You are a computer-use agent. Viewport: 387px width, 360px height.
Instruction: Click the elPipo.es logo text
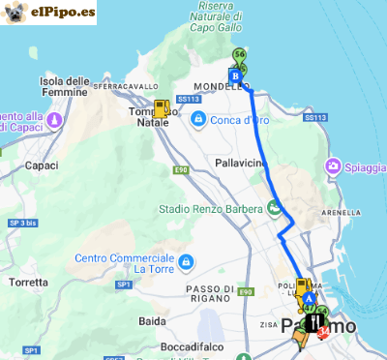[x=63, y=13]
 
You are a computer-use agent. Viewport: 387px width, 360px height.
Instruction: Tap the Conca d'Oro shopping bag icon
[x=198, y=119]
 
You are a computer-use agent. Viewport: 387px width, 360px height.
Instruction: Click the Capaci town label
[x=42, y=165]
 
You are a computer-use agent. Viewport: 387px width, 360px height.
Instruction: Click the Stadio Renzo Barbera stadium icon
[x=274, y=207]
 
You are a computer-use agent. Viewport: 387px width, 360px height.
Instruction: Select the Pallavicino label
[x=240, y=164]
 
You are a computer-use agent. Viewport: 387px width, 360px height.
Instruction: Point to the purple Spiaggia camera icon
[x=335, y=166]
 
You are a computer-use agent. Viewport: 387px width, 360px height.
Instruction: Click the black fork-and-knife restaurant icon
[x=314, y=321]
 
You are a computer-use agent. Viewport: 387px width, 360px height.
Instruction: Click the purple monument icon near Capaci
[x=54, y=119]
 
